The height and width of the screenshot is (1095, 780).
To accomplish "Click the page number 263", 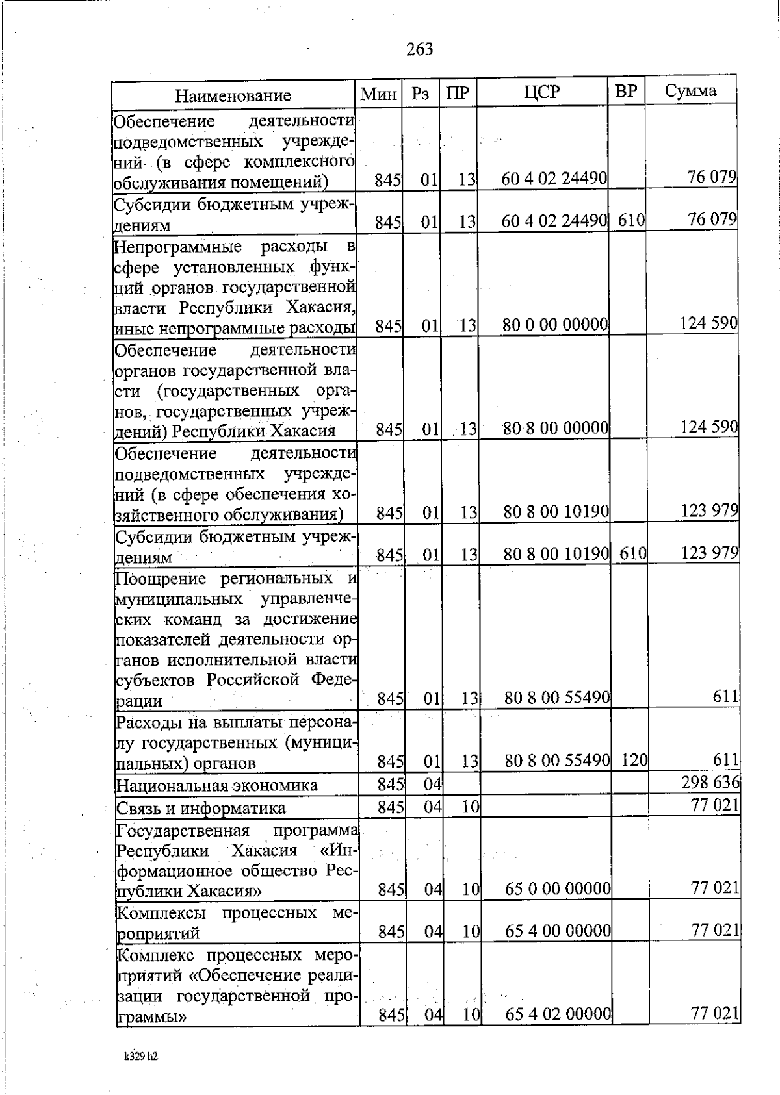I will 419,49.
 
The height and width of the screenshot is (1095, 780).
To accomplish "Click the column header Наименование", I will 233,96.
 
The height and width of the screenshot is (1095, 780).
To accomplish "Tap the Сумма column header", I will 690,91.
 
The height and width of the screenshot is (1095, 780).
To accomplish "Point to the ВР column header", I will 625,92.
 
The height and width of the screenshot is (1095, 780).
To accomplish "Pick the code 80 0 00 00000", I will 555,323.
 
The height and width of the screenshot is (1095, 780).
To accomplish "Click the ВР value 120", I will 634,760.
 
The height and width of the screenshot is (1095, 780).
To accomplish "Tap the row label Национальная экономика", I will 216,785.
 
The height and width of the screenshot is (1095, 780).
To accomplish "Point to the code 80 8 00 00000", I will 556,428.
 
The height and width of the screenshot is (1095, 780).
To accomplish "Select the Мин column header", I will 378,94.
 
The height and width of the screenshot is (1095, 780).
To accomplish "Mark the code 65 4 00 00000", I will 558,932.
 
